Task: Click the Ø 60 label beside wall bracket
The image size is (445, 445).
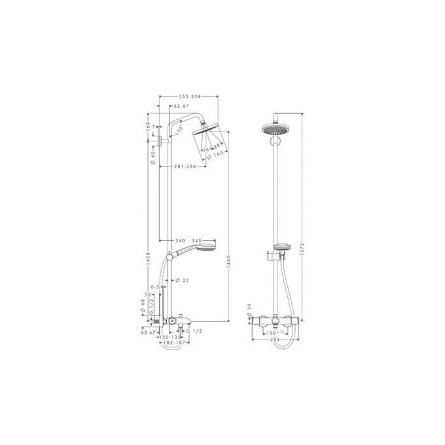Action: (152, 154)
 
